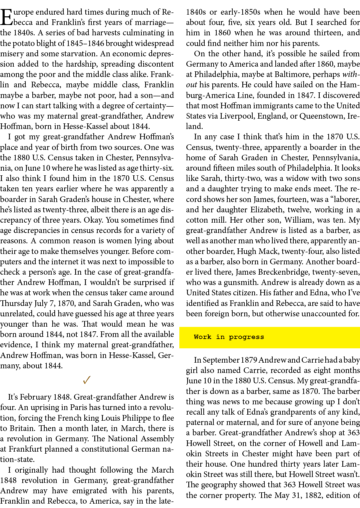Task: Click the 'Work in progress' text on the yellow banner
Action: pos(229,337)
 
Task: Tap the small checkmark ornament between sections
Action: pos(87,380)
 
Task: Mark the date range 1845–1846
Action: pos(80,43)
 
